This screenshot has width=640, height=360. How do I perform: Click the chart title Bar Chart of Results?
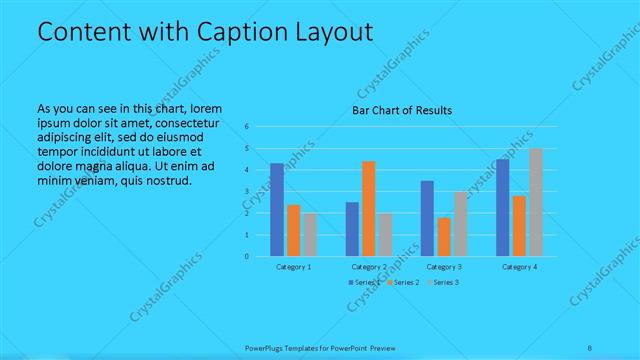(402, 109)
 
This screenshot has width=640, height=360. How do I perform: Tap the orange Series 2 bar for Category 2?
(369, 208)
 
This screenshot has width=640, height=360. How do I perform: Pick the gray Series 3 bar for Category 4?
(536, 202)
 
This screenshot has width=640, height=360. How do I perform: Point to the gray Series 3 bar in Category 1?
(310, 234)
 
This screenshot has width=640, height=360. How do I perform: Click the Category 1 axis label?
(294, 267)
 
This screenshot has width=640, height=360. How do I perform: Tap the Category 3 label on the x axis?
(443, 267)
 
